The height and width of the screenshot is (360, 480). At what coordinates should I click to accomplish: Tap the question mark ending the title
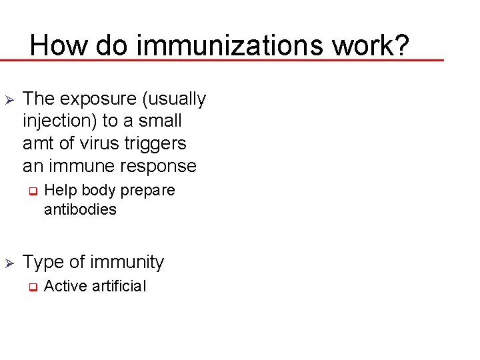399,45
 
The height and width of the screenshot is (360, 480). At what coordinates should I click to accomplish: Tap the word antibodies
80,209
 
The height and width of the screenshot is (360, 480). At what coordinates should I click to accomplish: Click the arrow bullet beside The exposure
9,99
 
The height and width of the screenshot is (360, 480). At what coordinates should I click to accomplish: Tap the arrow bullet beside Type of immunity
9,263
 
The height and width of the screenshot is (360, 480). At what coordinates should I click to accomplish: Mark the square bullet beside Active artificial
31,287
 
